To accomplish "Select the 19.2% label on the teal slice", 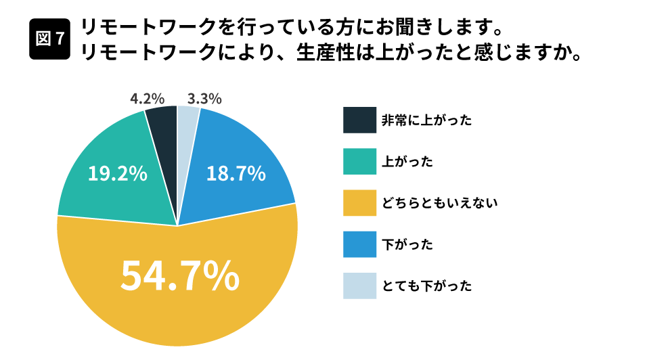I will click(x=118, y=174).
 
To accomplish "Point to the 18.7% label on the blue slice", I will click(x=236, y=174).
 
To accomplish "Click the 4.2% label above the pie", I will click(x=147, y=99).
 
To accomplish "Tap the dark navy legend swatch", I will click(x=359, y=120).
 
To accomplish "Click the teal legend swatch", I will click(x=359, y=162).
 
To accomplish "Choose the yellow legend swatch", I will click(x=359, y=203).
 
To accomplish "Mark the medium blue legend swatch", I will click(x=359, y=244).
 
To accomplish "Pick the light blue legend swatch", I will click(x=359, y=286).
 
